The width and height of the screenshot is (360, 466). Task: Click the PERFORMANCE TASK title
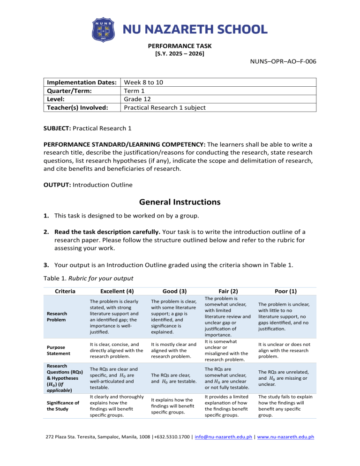click(180, 46)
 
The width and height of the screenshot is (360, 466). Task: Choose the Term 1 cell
click(135, 90)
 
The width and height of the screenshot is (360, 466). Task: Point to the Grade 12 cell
click(138, 99)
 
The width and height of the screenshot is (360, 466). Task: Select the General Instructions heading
click(180, 203)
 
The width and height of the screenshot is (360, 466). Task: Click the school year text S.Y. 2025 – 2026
click(180, 54)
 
